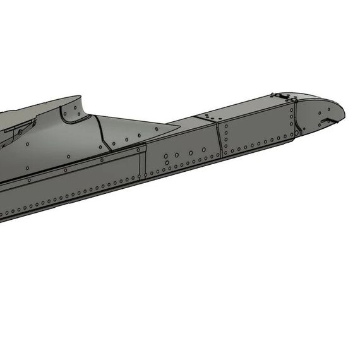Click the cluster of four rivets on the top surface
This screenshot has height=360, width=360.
click(x=208, y=116)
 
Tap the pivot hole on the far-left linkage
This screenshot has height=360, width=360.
click(x=20, y=131)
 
